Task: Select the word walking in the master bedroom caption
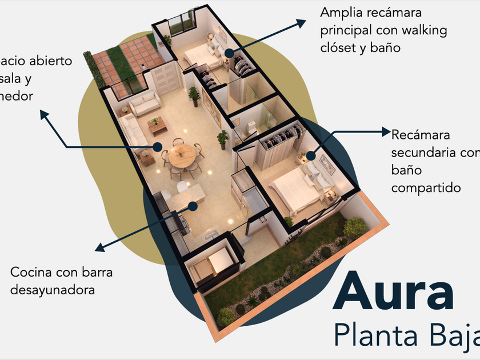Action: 421,30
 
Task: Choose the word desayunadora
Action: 52,290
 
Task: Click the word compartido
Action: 426,187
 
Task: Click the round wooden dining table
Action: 182,155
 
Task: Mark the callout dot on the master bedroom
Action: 229,53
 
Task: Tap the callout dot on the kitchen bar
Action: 193,206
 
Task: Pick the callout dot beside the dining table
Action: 157,147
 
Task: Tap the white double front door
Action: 166,79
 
